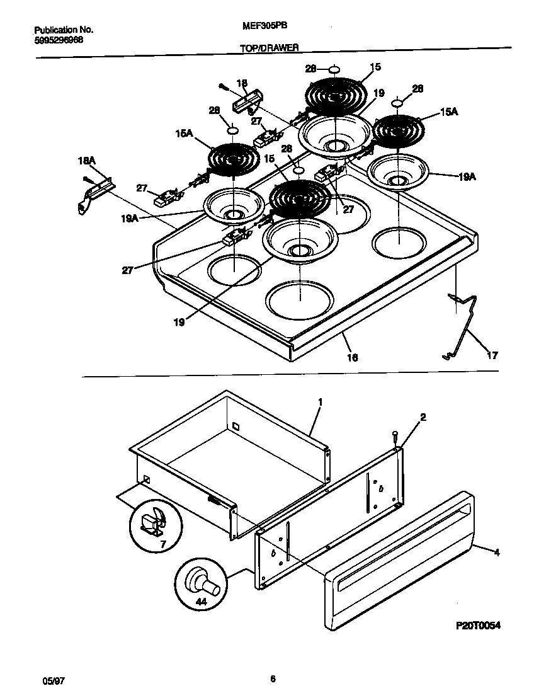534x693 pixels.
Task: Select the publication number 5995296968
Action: pyautogui.click(x=58, y=40)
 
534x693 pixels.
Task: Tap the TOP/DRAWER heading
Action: pyautogui.click(x=270, y=47)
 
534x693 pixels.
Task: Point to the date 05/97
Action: pyautogui.click(x=52, y=681)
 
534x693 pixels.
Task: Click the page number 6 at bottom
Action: pyautogui.click(x=273, y=679)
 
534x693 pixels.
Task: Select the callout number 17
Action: pyautogui.click(x=492, y=355)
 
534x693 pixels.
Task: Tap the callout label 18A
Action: pyautogui.click(x=86, y=162)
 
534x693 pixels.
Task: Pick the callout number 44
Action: pyautogui.click(x=201, y=602)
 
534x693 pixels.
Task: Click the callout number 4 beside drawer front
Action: pyautogui.click(x=497, y=553)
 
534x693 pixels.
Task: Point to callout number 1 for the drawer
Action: pyautogui.click(x=320, y=401)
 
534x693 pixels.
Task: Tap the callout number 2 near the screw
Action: pyautogui.click(x=423, y=416)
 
